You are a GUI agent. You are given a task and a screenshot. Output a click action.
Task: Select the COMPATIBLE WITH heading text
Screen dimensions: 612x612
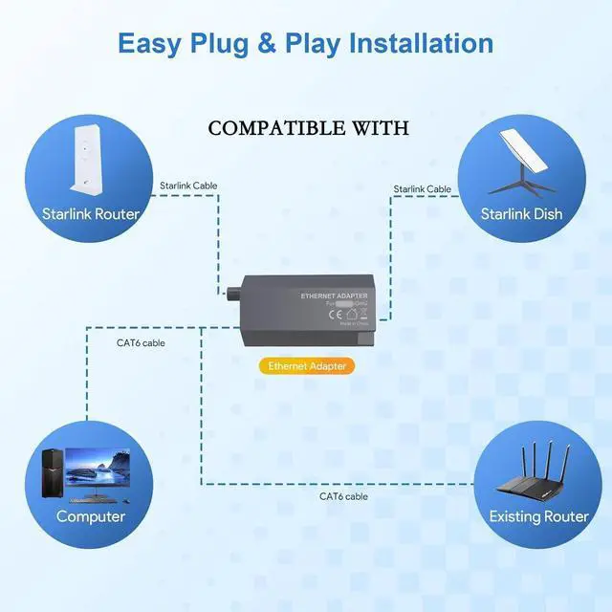(308, 128)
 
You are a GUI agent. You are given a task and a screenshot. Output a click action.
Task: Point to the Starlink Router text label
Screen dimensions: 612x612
(90, 214)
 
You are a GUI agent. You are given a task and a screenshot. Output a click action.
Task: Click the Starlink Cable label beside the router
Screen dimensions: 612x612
(187, 185)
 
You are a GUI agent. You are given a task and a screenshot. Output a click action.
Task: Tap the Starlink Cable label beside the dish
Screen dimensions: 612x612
(422, 189)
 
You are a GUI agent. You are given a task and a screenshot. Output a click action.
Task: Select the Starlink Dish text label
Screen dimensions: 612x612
(522, 214)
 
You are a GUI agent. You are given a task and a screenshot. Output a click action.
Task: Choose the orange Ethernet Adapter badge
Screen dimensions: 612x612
(307, 365)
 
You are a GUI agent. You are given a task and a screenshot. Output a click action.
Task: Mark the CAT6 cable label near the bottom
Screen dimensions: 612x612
(343, 496)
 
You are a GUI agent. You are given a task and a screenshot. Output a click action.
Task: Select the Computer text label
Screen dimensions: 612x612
(90, 516)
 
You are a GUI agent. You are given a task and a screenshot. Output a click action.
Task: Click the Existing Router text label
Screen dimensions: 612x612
(538, 516)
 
